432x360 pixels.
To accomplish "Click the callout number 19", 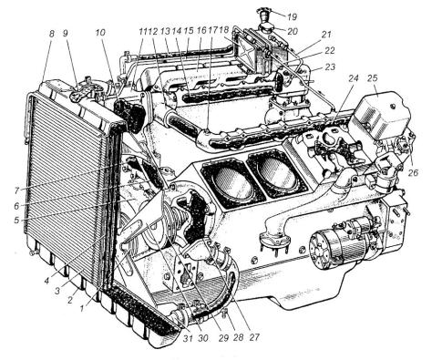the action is (x=292, y=17).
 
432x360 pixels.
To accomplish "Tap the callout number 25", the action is (x=372, y=78).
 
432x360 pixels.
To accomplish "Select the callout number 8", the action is (x=52, y=34).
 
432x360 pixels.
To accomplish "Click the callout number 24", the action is (x=354, y=78).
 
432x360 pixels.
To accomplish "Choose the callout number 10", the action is (x=100, y=33).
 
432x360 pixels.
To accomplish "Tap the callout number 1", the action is (x=81, y=308).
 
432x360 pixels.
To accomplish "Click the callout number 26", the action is (x=413, y=172).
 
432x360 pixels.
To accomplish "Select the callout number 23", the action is (x=330, y=67).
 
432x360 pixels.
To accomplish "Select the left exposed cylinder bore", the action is (x=232, y=181).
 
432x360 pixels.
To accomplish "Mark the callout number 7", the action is (x=16, y=190).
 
